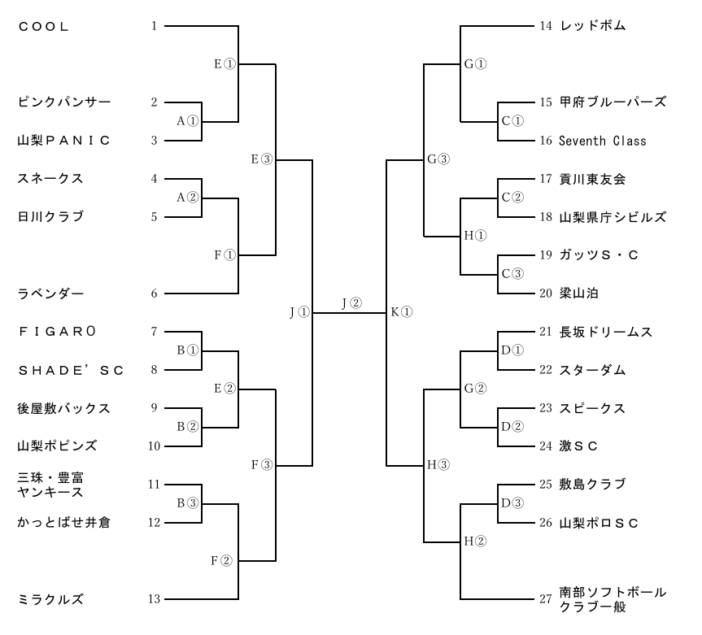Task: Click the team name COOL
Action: point(43,27)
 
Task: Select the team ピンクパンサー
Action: point(64,102)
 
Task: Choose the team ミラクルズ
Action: point(50,599)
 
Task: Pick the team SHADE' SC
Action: point(71,370)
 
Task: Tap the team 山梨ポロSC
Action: point(599,523)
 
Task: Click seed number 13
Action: point(155,599)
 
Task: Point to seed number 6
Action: point(155,293)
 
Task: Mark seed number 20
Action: point(545,293)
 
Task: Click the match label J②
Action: point(351,303)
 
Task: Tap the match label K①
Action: point(402,312)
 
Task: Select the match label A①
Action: point(187,121)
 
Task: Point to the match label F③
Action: point(261,465)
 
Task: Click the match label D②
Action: point(512,427)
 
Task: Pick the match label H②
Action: point(475,541)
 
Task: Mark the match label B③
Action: point(187,502)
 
